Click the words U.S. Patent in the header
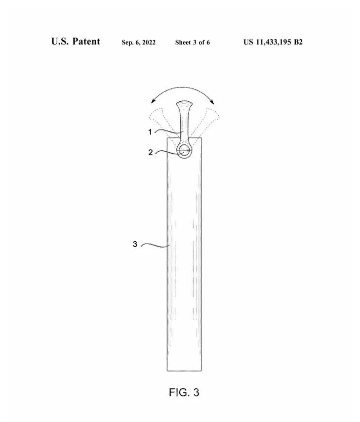click(76, 42)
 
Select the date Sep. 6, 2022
click(139, 42)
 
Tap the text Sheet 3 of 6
click(193, 42)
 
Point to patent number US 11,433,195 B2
click(273, 42)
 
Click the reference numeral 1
click(150, 132)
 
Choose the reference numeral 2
click(151, 152)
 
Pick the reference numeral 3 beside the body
click(135, 244)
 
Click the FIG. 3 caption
click(184, 392)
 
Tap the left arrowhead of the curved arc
click(153, 101)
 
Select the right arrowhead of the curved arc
click(212, 101)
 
